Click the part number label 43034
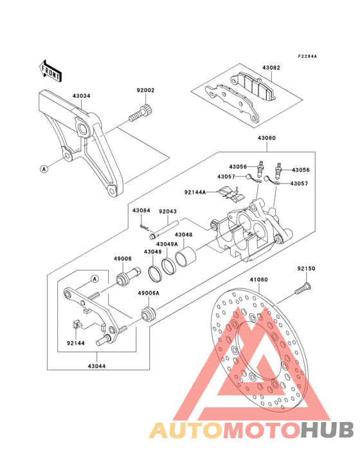click(81, 96)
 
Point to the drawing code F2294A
click(307, 57)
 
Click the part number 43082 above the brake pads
click(271, 67)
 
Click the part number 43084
click(141, 211)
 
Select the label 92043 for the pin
click(167, 211)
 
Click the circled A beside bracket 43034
click(44, 169)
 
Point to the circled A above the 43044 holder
click(94, 279)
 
